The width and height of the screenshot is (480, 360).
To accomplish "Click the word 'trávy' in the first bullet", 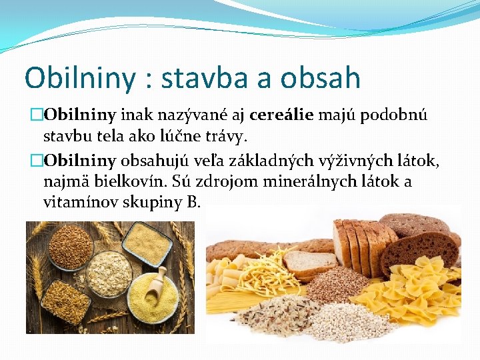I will (x=226, y=137).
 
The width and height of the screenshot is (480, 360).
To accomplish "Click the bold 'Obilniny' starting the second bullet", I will (x=80, y=160).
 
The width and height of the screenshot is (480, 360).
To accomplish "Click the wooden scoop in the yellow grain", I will (x=153, y=284).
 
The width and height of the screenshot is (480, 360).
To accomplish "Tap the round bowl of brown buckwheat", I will (x=71, y=245).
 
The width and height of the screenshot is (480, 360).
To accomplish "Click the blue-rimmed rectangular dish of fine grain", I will (x=147, y=244).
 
